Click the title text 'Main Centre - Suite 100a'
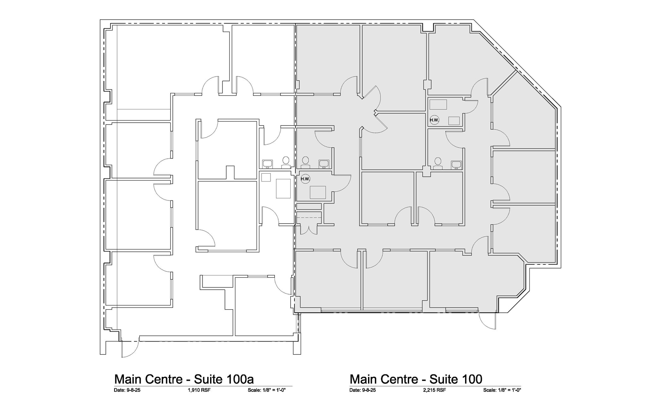(x=184, y=379)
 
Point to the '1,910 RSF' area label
(x=199, y=390)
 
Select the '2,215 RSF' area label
(x=434, y=390)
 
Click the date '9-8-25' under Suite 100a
(x=134, y=390)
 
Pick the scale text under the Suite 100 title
(x=502, y=390)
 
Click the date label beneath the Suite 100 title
(x=362, y=390)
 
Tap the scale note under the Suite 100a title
(x=267, y=390)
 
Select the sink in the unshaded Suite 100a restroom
(x=268, y=163)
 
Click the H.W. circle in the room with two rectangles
(x=434, y=120)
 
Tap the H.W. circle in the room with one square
(x=305, y=179)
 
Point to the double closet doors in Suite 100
(x=308, y=229)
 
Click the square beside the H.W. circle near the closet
(x=317, y=192)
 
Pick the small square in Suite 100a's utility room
(x=266, y=177)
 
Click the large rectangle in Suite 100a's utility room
(x=283, y=188)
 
